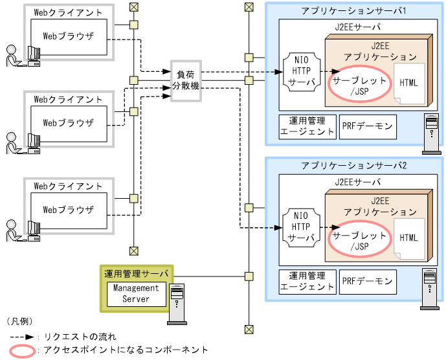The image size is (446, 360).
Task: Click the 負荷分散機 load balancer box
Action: (x=185, y=80)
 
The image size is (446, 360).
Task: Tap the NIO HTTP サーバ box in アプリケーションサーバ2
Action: (x=300, y=227)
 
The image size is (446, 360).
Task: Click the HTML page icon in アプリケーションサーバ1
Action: (x=408, y=83)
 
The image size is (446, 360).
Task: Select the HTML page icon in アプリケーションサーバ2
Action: (x=408, y=238)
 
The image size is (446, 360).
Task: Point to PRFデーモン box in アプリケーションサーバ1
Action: (x=367, y=126)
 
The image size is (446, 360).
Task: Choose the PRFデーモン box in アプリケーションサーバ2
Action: (x=367, y=282)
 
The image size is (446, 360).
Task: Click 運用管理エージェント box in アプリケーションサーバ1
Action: (x=307, y=126)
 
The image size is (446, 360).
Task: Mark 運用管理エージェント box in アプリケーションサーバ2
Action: (x=307, y=282)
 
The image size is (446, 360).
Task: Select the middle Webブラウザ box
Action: (x=68, y=122)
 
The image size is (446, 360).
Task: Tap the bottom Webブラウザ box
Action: (x=68, y=210)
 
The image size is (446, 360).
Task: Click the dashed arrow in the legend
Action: (x=22, y=337)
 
